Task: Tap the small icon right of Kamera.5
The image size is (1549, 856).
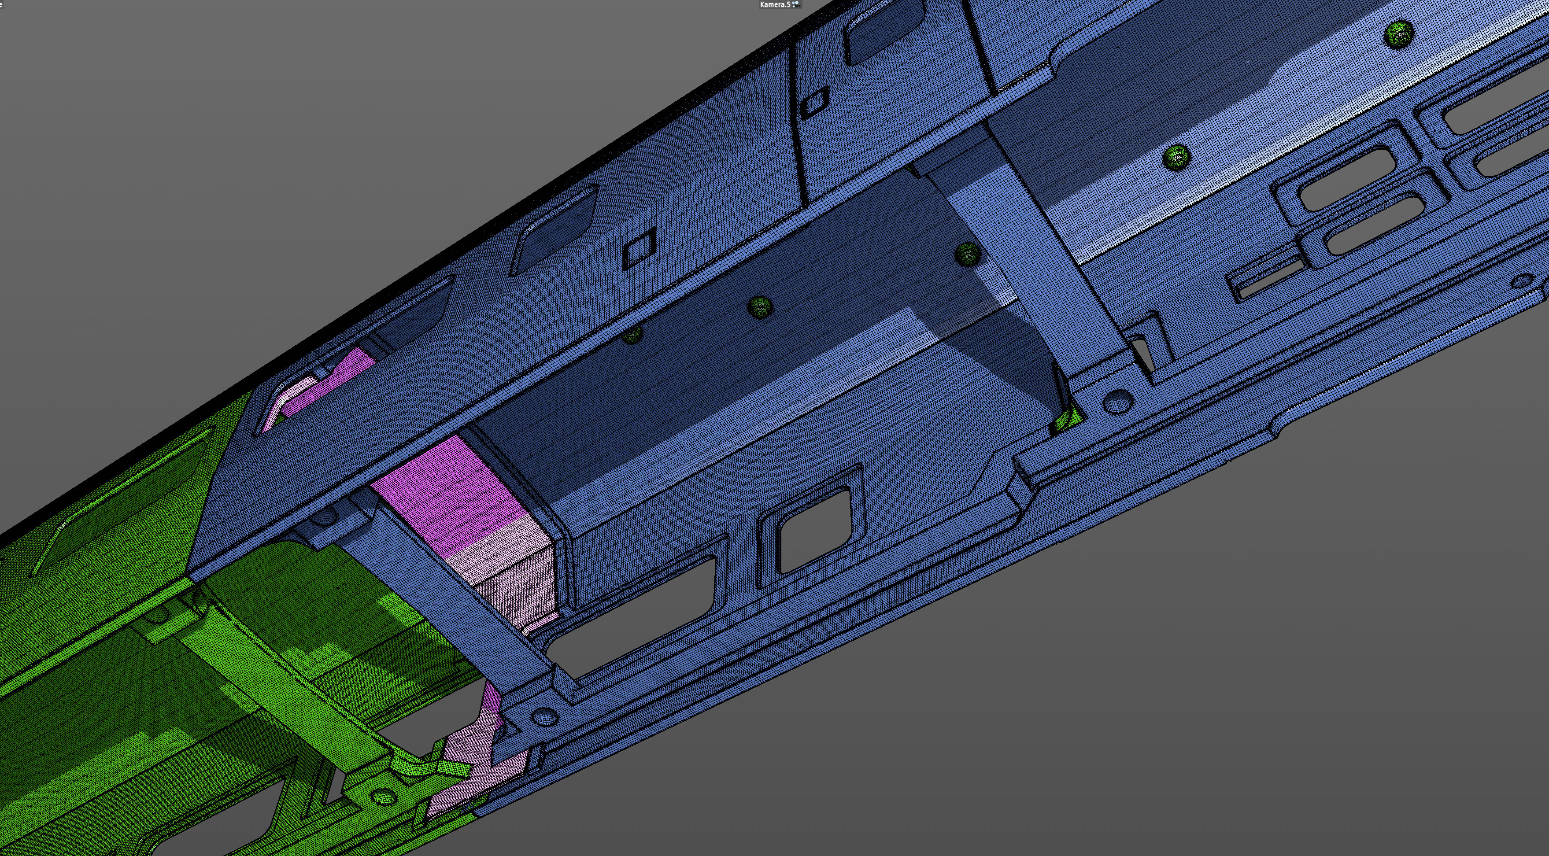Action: pyautogui.click(x=795, y=4)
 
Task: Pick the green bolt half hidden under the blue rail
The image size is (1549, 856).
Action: pyautogui.click(x=632, y=335)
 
